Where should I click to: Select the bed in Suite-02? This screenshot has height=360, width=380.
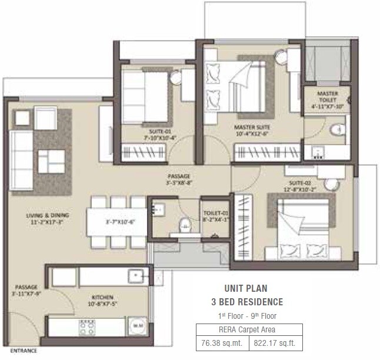304,223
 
